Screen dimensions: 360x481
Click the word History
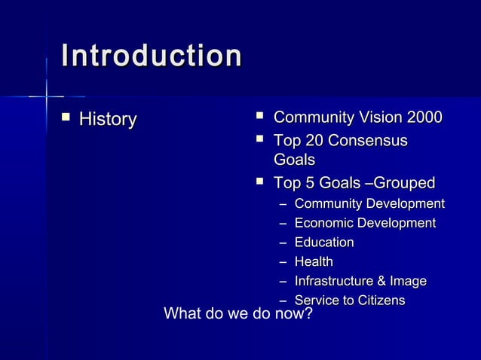coord(108,119)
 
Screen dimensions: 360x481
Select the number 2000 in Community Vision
coord(424,118)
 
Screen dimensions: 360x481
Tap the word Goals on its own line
coord(294,160)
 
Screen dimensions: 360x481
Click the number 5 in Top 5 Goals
coord(308,183)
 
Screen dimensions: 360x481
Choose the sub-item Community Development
coord(369,204)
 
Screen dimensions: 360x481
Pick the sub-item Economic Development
coord(365,223)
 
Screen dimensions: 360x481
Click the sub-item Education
coord(324,243)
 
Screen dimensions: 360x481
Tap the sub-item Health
coord(314,262)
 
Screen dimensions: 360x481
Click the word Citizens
coord(381,301)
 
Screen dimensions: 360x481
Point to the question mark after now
coord(308,313)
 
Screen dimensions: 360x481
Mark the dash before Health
coord(283,263)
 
